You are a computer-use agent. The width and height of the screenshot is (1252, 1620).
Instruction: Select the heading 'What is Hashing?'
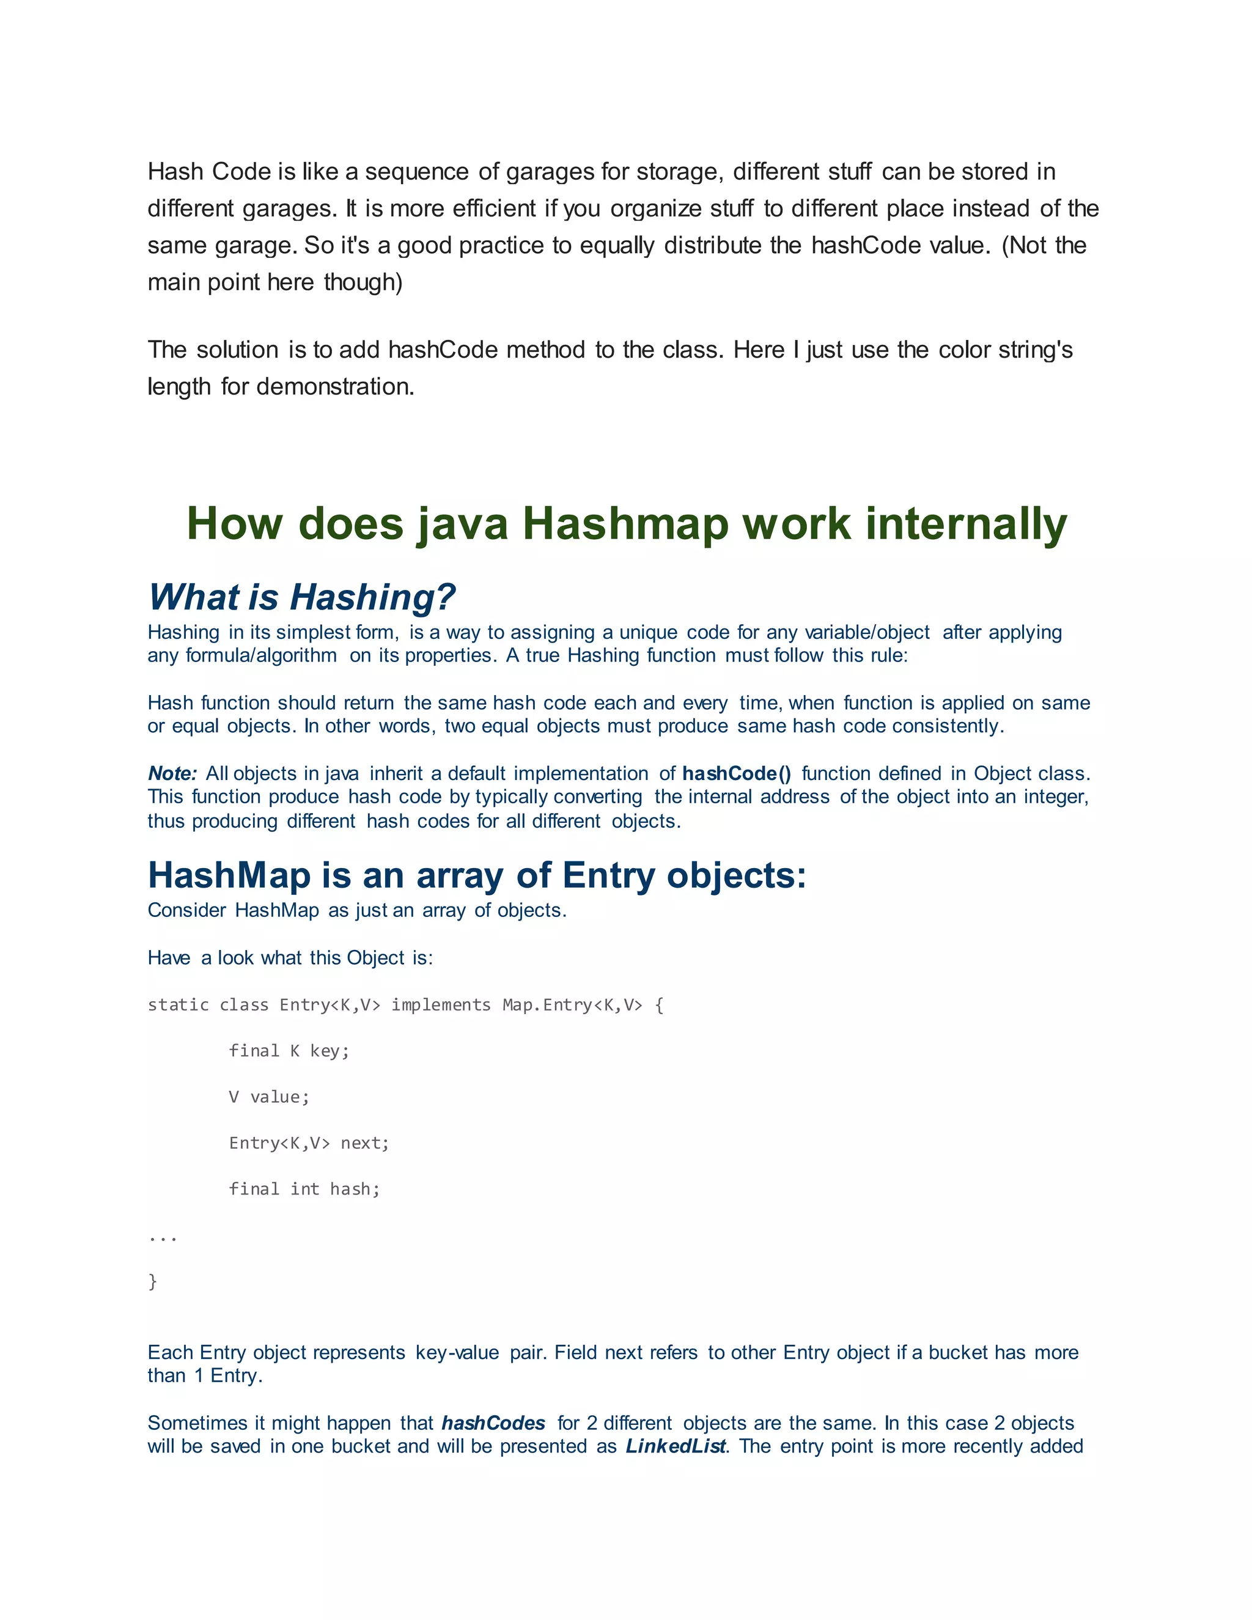(301, 597)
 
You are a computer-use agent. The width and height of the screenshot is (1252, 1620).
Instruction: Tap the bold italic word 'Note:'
(172, 774)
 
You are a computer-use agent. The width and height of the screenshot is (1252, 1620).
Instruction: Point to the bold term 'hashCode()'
(737, 774)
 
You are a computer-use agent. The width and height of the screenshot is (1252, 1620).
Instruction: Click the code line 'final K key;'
(289, 1051)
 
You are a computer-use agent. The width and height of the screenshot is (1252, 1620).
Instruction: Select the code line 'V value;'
(268, 1097)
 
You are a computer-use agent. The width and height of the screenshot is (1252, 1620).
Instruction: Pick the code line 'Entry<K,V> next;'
(309, 1143)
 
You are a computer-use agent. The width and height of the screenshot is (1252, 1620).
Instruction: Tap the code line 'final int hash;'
(304, 1189)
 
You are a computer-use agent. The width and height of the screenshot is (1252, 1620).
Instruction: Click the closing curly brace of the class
(153, 1282)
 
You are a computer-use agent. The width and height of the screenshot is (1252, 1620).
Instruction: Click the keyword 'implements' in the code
(441, 1005)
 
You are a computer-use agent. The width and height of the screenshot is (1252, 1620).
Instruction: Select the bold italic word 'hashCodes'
(493, 1423)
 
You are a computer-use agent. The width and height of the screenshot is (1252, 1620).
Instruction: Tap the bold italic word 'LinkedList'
(675, 1446)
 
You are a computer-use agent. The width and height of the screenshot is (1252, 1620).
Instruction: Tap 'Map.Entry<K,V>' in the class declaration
(572, 1005)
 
